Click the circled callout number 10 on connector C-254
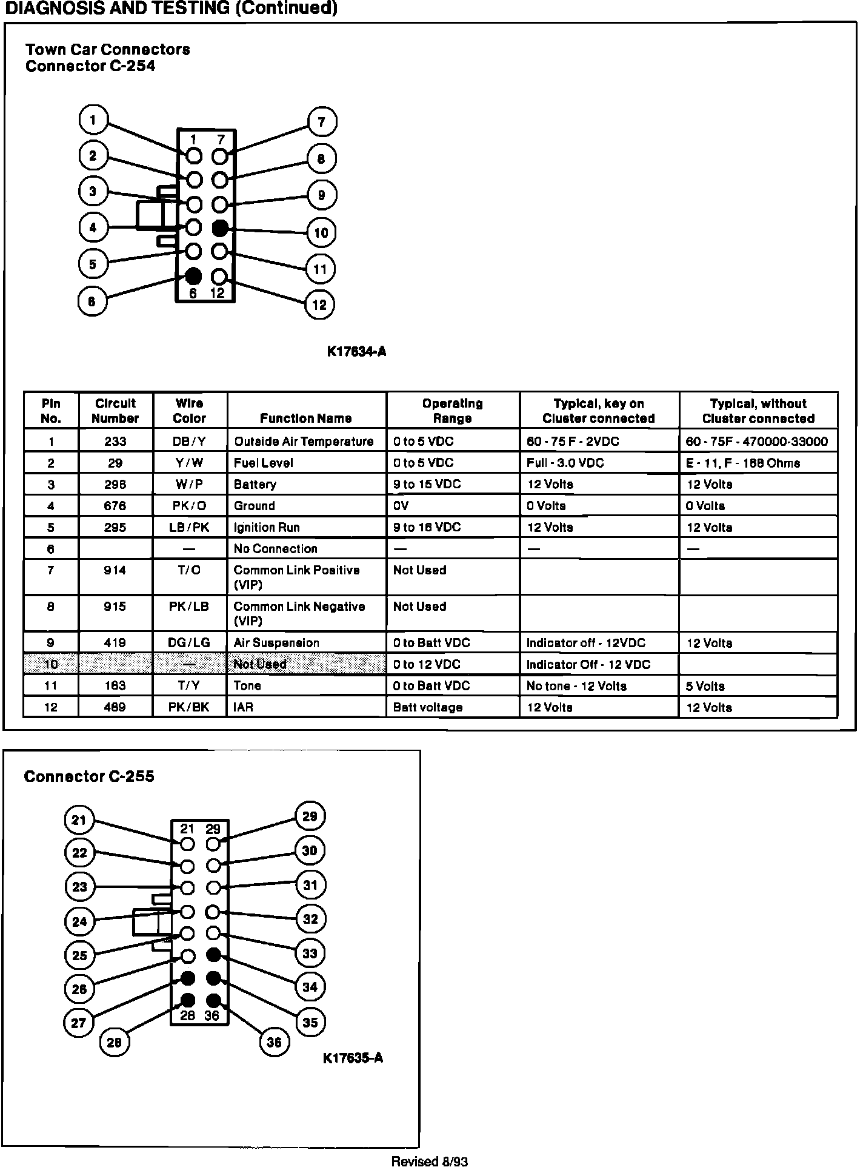[x=321, y=232]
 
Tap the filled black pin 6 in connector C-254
[x=193, y=276]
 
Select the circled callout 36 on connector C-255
[x=274, y=1042]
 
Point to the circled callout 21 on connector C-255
[x=79, y=820]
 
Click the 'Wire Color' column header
[x=189, y=411]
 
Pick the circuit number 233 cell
[x=115, y=441]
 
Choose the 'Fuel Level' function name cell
[x=264, y=463]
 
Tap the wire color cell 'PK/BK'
[x=189, y=707]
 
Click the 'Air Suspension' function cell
[x=276, y=643]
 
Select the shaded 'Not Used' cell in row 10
[x=260, y=664]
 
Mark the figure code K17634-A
[x=356, y=352]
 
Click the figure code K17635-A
[x=353, y=1058]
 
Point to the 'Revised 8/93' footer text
[x=430, y=1162]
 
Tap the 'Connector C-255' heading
[x=89, y=776]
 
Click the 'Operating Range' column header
[x=452, y=411]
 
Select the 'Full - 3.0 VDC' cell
[x=565, y=463]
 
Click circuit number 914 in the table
[x=115, y=570]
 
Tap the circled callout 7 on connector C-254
[x=321, y=122]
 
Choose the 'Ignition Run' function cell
[x=267, y=528]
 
